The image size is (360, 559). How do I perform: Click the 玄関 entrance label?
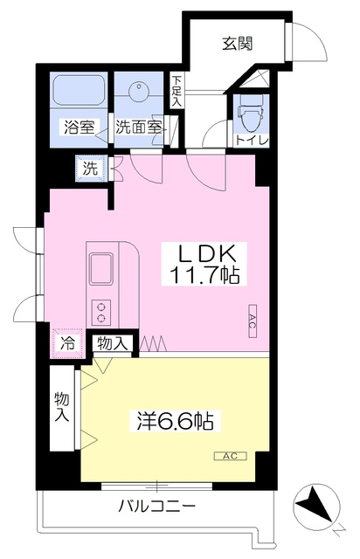point(238,43)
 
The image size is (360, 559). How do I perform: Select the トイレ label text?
point(252,141)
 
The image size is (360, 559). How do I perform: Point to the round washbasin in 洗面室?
point(138,89)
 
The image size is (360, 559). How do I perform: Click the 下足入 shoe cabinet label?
point(177,91)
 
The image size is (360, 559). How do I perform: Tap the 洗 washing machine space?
point(91,169)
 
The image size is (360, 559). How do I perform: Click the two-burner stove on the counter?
point(101,313)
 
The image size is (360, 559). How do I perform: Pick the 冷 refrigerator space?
point(67,343)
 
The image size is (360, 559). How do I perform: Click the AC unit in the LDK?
point(253,321)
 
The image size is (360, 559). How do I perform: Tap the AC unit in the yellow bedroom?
point(230,456)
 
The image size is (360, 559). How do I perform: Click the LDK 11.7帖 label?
point(204,264)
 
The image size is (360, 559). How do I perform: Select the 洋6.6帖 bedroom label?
point(176,421)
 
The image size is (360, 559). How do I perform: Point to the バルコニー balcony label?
point(157,506)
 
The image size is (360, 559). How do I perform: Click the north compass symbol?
point(316,507)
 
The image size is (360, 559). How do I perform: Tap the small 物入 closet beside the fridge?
point(112,343)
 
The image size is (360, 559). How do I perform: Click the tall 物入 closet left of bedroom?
point(61,407)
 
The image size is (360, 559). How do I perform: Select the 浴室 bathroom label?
point(79,128)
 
